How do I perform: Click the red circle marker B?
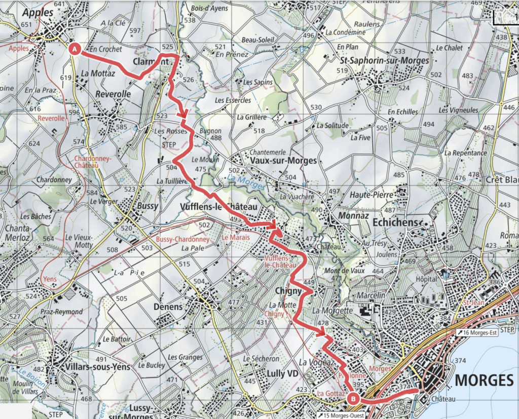353,400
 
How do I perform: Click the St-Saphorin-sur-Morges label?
384,60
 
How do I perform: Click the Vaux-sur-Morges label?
283,161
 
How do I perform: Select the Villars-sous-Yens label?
91,366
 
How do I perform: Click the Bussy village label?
148,206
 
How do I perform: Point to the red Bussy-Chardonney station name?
182,239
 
